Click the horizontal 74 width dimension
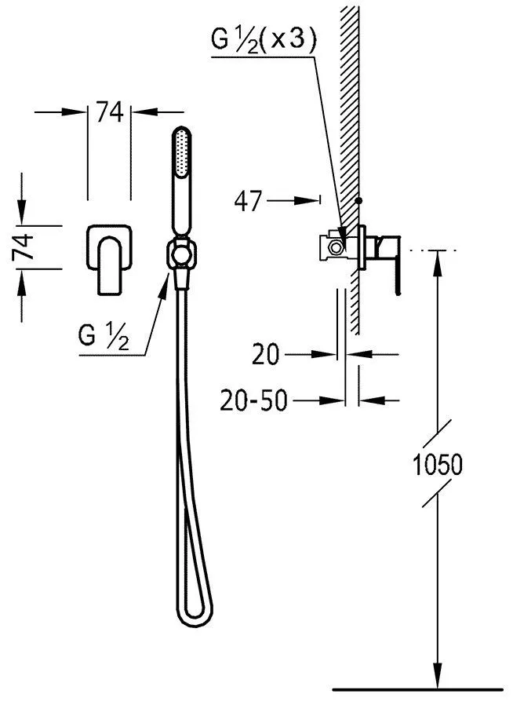(x=110, y=112)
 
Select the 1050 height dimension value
(x=437, y=465)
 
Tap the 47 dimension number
(x=248, y=200)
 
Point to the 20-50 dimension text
(x=253, y=400)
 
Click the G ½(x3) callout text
(x=264, y=42)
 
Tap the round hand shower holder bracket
(x=182, y=254)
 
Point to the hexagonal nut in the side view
(x=335, y=247)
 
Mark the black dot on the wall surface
(x=358, y=200)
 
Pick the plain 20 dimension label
(x=266, y=354)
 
